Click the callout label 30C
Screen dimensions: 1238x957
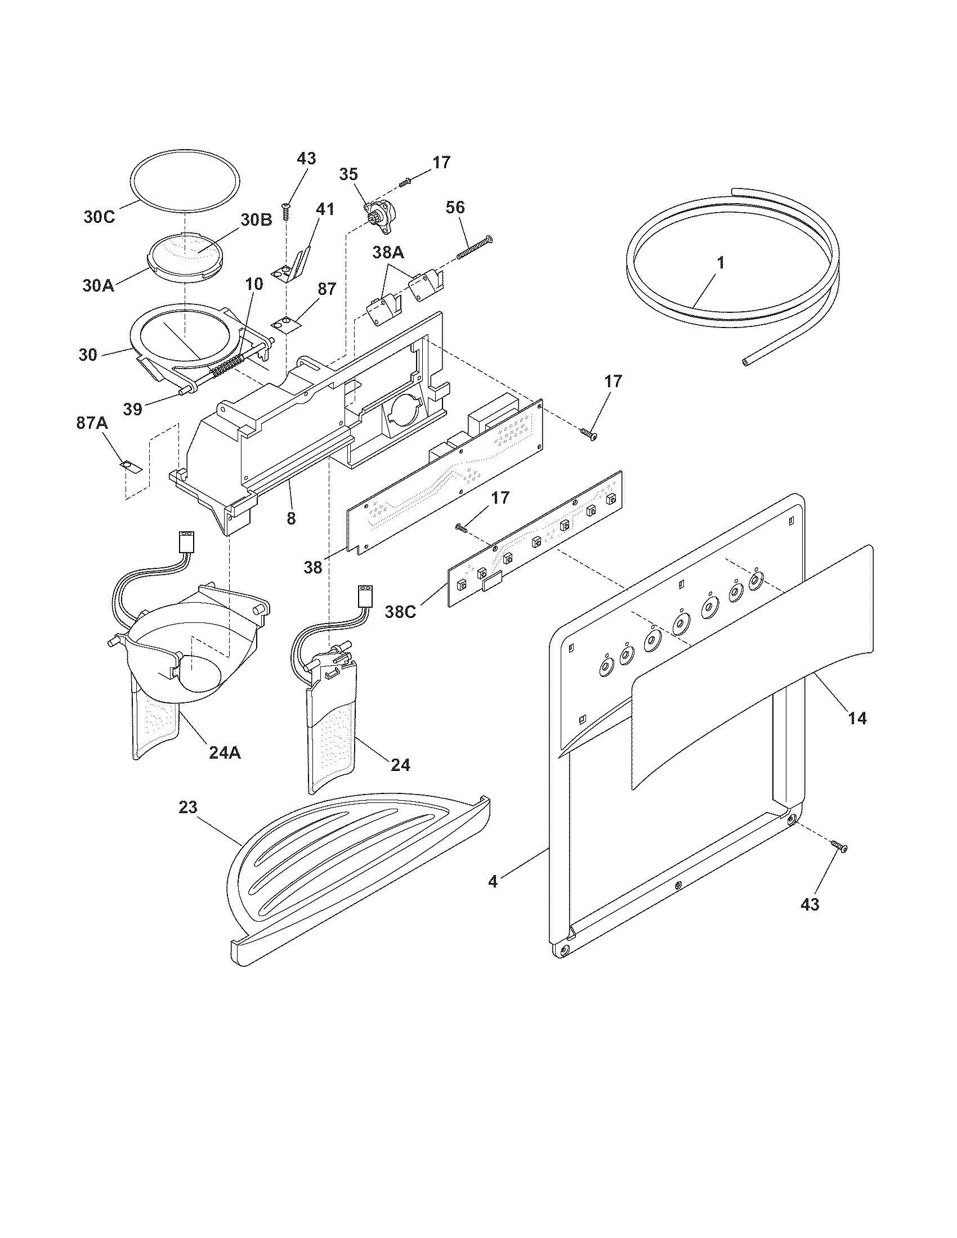point(100,217)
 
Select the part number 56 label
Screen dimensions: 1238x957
point(455,208)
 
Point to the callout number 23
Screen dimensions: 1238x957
point(187,807)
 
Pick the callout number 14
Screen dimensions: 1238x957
point(857,718)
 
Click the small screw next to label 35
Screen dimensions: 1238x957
point(405,182)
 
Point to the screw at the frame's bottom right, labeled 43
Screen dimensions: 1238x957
point(840,863)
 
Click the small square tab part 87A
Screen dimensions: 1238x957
point(130,467)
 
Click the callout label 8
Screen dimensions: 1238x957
point(291,518)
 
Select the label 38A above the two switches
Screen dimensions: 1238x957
point(388,253)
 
